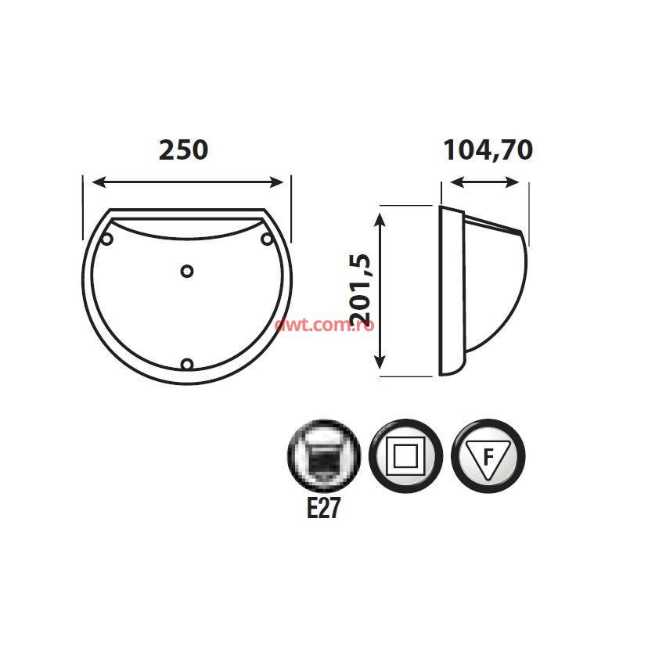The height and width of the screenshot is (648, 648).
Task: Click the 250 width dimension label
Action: pos(183,149)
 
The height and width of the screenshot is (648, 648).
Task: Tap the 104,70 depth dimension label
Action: pos(488,149)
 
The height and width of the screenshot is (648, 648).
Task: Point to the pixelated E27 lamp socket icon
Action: pos(324,455)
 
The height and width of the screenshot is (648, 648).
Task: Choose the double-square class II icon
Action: pos(406,455)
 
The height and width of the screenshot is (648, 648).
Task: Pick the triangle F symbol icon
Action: pos(488,455)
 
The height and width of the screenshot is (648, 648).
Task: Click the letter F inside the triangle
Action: pos(488,458)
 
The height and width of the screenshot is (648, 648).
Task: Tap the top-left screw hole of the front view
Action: pos(107,239)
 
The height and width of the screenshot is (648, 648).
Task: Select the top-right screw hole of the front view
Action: pos(267,239)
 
